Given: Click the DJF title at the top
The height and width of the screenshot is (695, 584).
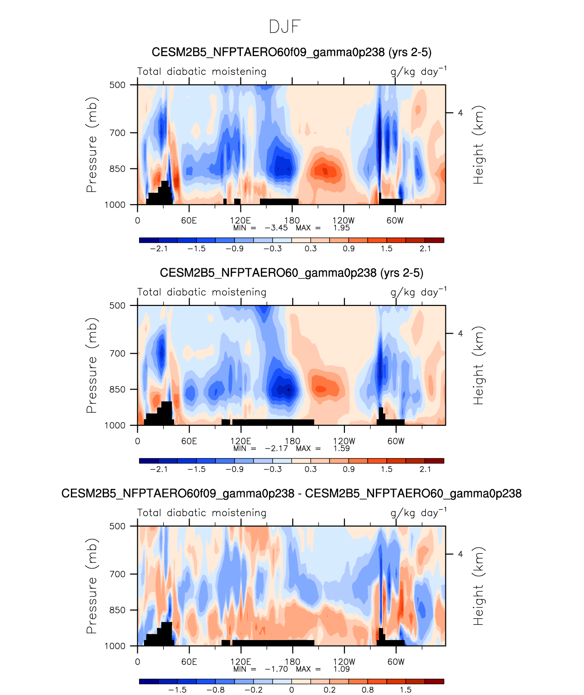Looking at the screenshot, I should coord(285,27).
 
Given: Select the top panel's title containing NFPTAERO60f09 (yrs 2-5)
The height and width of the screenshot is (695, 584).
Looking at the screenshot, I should coord(291,52).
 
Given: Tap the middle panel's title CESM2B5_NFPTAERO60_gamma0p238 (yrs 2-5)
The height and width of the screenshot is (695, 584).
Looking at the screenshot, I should coord(291,273).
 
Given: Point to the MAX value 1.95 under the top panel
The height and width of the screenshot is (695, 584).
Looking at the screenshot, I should coord(341,228).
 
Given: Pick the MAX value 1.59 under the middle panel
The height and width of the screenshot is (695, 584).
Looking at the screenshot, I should coord(341,449).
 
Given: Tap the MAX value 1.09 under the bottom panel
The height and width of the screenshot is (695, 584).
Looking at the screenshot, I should coord(341,669).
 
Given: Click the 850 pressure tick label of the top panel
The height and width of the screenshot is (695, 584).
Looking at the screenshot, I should coord(117,169).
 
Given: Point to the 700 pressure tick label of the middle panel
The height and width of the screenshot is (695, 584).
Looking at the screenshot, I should coord(117,354).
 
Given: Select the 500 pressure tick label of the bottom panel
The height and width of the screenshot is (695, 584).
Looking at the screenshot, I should coord(117,526).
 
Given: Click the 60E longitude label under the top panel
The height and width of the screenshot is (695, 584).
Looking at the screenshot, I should coord(189,221).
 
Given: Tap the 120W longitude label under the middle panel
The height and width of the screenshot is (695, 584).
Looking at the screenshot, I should coord(344,441).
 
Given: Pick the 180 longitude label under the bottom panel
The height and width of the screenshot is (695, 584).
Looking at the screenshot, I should coord(292,662).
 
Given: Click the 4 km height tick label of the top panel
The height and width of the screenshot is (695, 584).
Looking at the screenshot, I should coord(460,113).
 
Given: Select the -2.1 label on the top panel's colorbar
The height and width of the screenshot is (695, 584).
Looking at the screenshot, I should coord(159,249).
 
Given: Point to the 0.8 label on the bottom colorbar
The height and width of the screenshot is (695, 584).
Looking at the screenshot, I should coord(368,690).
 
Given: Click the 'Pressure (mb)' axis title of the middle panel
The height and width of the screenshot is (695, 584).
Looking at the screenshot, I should coord(92,365).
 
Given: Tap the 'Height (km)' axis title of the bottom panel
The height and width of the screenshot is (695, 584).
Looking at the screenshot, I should coord(479,586).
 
